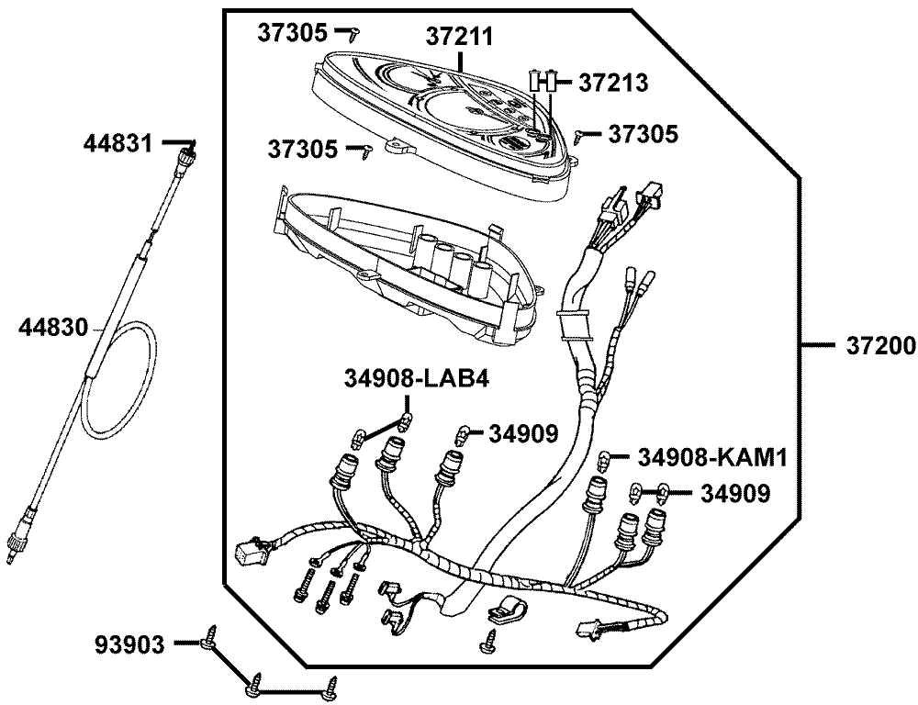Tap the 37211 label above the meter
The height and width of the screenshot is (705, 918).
coord(458,36)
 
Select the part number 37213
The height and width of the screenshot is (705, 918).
coord(613,83)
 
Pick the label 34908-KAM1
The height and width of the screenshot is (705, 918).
coord(712,456)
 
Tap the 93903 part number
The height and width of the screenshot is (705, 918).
coord(129,645)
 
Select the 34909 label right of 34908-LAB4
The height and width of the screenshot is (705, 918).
coord(522,432)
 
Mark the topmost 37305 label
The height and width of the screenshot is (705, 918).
coord(291,33)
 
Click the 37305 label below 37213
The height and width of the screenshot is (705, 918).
coord(643,134)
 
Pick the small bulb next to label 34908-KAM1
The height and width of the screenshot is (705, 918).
coord(605,457)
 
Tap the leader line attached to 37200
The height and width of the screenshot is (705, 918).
coord(818,346)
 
